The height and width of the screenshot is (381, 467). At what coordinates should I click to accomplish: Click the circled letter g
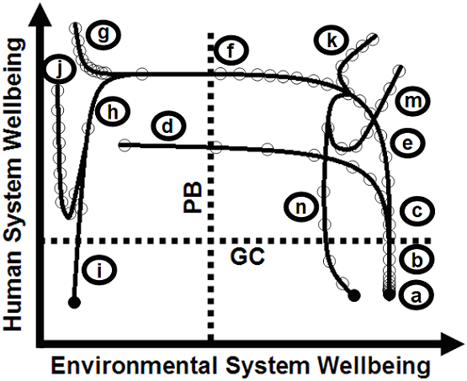103,34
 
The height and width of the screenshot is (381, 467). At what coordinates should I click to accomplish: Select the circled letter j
60,71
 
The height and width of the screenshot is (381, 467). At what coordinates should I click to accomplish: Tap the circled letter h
113,113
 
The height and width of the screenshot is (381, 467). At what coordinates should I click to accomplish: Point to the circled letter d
168,127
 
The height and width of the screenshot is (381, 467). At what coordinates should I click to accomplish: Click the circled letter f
231,51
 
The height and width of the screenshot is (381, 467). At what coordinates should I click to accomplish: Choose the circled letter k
332,40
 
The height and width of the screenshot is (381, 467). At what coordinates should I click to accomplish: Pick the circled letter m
412,102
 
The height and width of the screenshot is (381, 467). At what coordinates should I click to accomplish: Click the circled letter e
407,145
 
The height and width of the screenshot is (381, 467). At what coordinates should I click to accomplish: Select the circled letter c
417,211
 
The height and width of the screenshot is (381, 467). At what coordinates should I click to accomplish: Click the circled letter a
416,296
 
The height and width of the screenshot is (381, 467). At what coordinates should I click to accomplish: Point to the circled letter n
300,207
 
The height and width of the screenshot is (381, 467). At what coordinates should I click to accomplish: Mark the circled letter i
99,270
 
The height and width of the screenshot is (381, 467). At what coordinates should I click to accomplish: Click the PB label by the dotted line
193,197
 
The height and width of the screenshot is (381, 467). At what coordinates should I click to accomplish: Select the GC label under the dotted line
247,257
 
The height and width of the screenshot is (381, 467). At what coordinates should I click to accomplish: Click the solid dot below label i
74,303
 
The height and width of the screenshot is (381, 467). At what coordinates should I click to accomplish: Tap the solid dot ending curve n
354,295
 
